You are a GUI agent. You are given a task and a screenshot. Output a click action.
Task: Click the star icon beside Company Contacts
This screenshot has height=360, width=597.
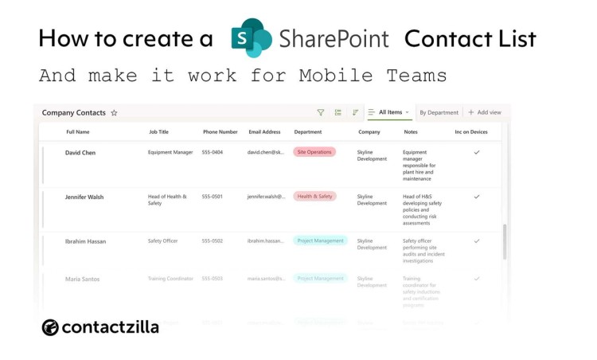point(114,113)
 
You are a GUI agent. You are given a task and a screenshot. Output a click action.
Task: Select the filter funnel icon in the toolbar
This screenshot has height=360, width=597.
point(321,113)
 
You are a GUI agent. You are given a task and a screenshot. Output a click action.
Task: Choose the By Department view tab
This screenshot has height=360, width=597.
point(439,113)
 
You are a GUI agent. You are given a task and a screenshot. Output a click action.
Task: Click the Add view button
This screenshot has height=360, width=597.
point(485,113)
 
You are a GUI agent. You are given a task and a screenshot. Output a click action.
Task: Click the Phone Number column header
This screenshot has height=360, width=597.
point(220,132)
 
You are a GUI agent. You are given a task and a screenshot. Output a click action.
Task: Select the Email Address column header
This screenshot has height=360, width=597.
point(264,132)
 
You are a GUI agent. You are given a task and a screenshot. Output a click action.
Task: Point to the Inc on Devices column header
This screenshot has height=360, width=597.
point(470,132)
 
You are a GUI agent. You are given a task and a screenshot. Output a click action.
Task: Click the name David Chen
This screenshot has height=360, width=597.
point(80,152)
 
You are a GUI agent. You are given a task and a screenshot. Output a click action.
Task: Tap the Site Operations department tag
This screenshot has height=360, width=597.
point(314,151)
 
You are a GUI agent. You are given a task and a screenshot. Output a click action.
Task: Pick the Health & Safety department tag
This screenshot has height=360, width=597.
point(314,196)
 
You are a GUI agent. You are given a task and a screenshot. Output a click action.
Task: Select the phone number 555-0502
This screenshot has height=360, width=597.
point(213,241)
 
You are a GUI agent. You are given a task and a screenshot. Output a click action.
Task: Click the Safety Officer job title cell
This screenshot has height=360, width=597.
point(162,241)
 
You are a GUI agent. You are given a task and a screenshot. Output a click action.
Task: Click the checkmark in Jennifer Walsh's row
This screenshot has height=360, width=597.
point(477,196)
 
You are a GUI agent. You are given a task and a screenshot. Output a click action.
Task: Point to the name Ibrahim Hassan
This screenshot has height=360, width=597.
point(85,241)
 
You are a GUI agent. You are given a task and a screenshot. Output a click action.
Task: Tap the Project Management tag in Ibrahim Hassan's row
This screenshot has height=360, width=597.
point(320,241)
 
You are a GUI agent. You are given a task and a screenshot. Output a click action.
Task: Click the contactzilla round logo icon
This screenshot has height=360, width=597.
point(50,327)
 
